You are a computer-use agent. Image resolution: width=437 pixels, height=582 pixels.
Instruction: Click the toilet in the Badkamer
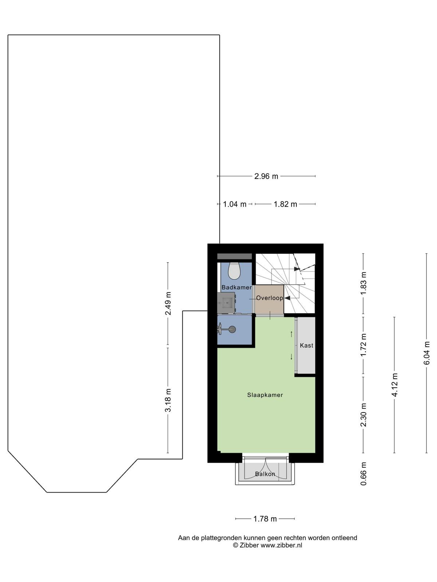(x=234, y=271)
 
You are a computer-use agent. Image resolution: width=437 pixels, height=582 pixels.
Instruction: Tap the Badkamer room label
(x=237, y=287)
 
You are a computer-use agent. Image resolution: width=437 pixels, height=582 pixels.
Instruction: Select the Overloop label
(x=269, y=298)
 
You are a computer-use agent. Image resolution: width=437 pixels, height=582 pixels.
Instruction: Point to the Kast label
(x=307, y=346)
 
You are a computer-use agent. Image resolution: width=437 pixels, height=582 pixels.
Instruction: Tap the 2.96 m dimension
(x=266, y=176)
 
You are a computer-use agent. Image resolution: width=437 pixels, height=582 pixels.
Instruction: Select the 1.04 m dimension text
(x=235, y=204)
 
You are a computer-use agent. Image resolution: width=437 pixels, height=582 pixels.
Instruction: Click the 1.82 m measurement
(x=285, y=204)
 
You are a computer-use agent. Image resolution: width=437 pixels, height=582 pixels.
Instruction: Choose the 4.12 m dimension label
(x=394, y=385)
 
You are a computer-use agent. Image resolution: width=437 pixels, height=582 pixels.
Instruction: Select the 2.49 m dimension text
(x=168, y=303)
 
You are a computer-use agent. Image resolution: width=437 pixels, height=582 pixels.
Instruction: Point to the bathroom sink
(x=226, y=303)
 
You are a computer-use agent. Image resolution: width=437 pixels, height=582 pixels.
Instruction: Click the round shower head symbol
(x=232, y=329)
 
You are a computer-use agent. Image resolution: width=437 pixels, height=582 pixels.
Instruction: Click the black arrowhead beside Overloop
(x=287, y=298)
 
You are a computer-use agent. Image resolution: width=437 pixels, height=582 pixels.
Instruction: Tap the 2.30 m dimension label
(x=363, y=415)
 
